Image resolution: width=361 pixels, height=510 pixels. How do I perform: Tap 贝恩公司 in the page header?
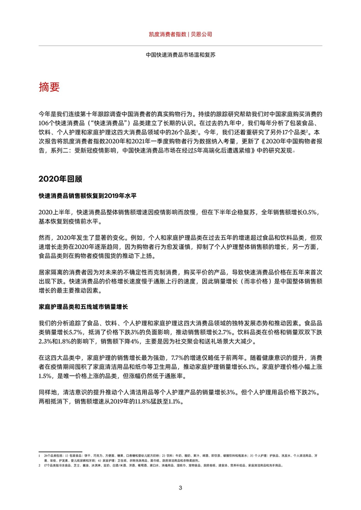[x=201, y=34]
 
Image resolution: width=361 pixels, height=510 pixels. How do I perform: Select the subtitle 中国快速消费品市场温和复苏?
[x=180, y=55]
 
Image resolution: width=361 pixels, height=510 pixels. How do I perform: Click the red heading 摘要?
[x=49, y=87]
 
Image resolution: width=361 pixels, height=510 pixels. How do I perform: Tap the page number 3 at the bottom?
[x=180, y=487]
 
